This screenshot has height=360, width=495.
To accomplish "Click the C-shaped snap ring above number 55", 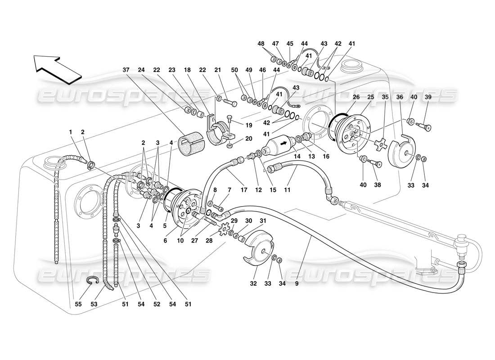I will point(92,281).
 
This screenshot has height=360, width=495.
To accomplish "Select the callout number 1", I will point(70,131).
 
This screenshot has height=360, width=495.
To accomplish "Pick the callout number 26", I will point(355,97).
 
